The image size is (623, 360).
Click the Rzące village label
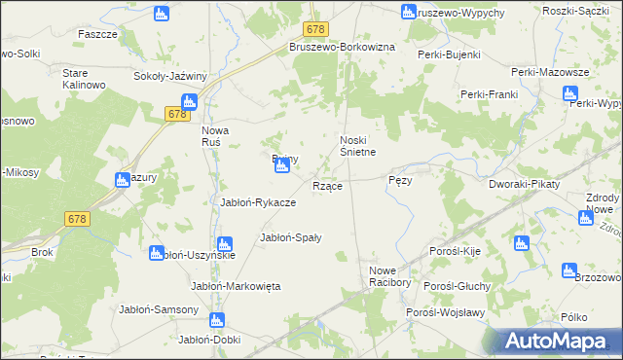(326, 186)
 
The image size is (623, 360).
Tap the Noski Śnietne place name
(357, 145)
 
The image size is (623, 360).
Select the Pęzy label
(401, 181)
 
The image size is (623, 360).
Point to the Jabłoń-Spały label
(291, 236)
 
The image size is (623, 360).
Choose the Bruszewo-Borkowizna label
(341, 47)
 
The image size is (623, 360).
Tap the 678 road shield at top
(313, 31)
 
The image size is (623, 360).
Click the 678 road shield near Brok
(79, 220)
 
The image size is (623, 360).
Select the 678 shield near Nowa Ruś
(176, 115)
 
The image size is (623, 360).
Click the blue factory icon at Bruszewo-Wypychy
(409, 12)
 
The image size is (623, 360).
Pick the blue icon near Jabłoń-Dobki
(217, 320)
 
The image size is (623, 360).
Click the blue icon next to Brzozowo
(569, 270)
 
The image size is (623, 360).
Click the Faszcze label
(97, 33)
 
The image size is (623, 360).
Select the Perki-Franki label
(488, 93)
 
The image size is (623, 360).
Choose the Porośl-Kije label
(456, 251)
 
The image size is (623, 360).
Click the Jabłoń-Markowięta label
(236, 286)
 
